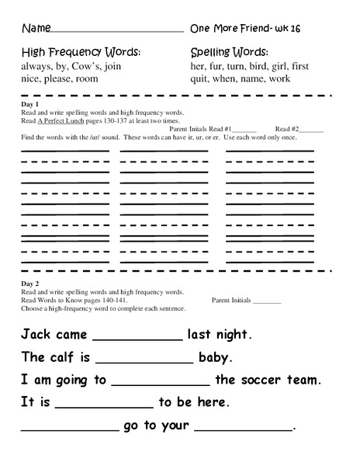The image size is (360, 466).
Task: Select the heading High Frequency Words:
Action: (81, 52)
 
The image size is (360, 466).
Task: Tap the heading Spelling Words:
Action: (230, 52)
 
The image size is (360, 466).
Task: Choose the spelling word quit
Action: (199, 79)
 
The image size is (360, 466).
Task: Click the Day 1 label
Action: (32, 104)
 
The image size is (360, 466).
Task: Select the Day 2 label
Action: (32, 284)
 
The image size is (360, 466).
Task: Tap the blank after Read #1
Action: (244, 130)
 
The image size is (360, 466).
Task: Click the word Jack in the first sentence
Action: (36, 335)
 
